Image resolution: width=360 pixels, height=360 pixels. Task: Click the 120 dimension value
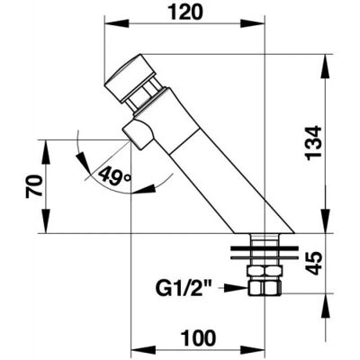(x=185, y=13)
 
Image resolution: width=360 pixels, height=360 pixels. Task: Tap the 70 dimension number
(x=33, y=186)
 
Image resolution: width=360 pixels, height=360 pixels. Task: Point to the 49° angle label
(x=114, y=175)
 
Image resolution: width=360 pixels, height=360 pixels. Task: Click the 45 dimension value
(x=314, y=264)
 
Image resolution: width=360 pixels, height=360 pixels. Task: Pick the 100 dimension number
(x=198, y=337)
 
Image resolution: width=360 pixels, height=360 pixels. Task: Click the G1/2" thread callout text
(x=184, y=288)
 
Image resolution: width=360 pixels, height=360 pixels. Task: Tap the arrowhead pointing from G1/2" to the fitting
(x=236, y=288)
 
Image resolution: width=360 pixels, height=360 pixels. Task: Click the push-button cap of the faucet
(x=130, y=78)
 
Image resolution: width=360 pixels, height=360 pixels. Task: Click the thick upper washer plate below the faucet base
(x=265, y=248)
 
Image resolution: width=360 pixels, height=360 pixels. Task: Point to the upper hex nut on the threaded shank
(x=265, y=272)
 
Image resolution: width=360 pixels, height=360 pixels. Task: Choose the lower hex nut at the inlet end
(x=265, y=288)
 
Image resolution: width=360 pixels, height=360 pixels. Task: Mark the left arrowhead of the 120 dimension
(x=117, y=24)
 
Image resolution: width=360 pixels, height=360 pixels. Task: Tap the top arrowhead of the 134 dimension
(x=326, y=67)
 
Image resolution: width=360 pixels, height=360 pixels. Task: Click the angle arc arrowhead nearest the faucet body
(x=144, y=189)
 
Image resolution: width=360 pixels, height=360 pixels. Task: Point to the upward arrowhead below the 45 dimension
(x=326, y=306)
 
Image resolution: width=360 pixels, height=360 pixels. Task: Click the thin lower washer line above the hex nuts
(x=265, y=257)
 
